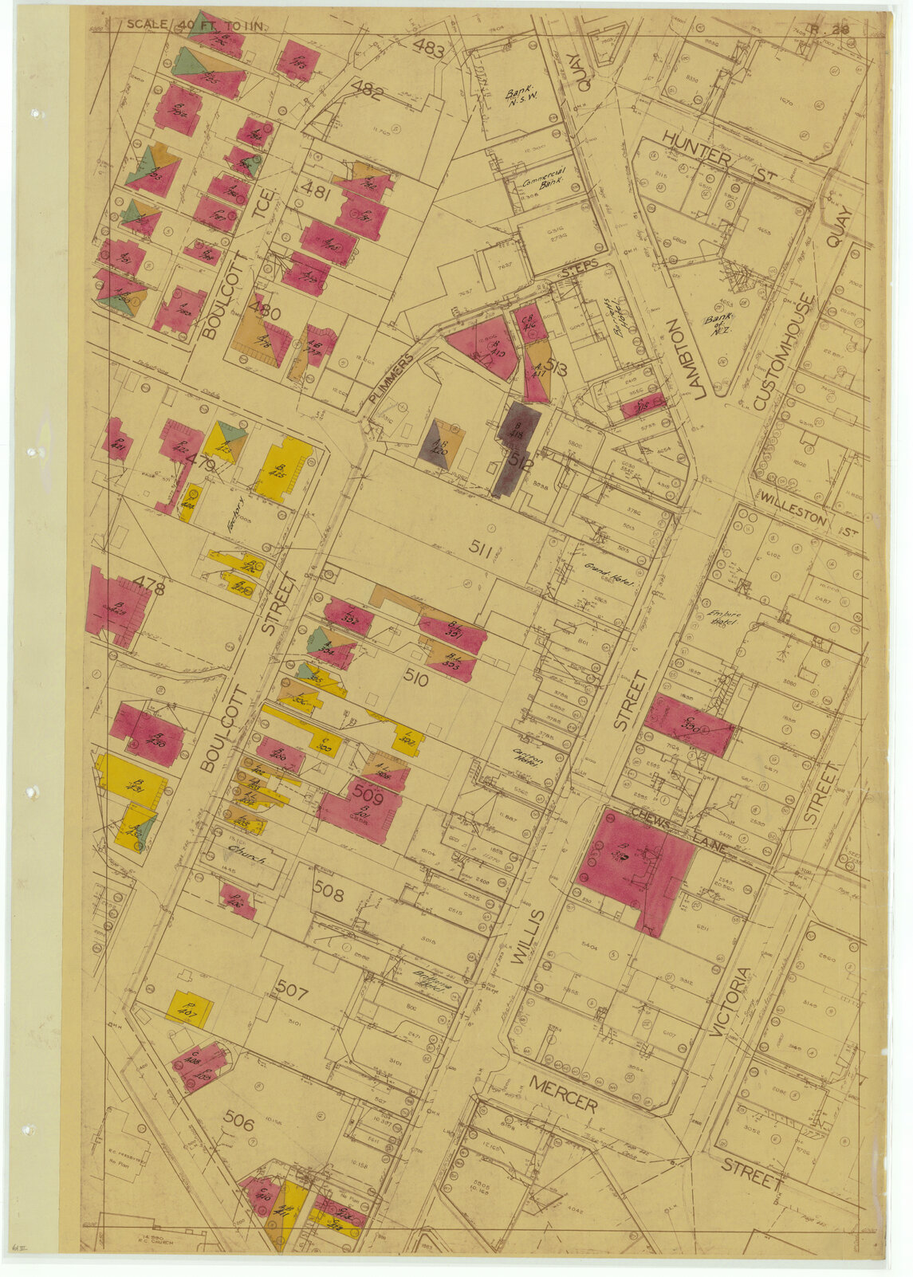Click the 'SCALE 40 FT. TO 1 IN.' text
tap(195, 25)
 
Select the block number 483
tap(428, 49)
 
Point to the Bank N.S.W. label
tap(521, 97)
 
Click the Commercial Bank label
tap(544, 176)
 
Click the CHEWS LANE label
tap(678, 828)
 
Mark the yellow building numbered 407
tap(189, 1008)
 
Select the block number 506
tap(238, 1123)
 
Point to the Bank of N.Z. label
tap(716, 323)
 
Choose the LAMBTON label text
tap(676, 358)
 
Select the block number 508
tap(329, 893)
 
